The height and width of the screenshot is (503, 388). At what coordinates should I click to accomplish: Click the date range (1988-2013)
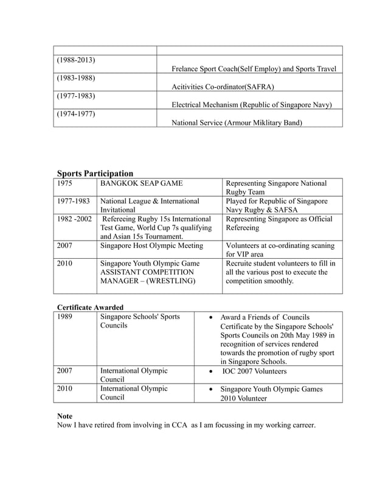[76, 61]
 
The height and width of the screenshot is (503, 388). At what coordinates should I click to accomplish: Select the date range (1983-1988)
[76, 79]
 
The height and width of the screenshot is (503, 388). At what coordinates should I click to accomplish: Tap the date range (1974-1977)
[76, 114]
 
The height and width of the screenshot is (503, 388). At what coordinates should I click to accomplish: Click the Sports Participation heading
[95, 174]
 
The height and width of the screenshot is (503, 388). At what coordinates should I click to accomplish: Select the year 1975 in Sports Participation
[66, 183]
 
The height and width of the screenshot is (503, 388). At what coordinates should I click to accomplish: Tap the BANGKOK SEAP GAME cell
[142, 183]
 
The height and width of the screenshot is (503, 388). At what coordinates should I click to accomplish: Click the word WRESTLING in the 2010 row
[171, 281]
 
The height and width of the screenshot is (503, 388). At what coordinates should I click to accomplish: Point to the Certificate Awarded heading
[90, 307]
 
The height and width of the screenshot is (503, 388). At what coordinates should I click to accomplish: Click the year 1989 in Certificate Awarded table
[66, 317]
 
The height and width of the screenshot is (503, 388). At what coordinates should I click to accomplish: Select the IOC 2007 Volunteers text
[255, 370]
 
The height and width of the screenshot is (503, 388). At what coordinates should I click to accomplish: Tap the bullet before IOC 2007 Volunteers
[210, 371]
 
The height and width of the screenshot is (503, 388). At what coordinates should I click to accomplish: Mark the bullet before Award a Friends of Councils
[210, 318]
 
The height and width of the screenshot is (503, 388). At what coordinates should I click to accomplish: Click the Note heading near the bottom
[64, 416]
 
